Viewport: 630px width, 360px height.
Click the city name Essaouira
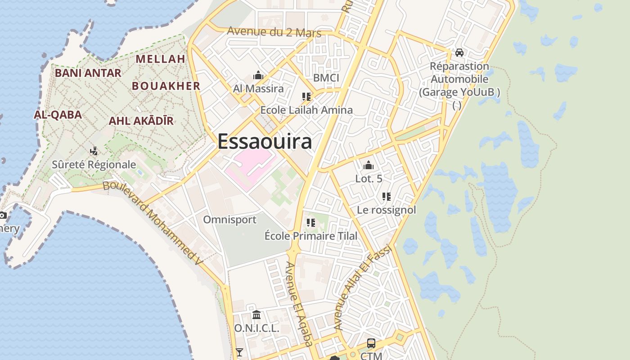pos(265,141)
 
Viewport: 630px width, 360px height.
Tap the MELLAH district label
pos(161,59)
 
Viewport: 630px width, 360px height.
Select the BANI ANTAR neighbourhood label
pos(88,73)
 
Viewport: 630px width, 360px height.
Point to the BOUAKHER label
pos(166,86)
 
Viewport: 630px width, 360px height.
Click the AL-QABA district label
pos(58,115)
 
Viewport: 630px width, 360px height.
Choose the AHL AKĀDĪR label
pos(141,121)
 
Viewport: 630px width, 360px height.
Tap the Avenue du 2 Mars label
pos(274,32)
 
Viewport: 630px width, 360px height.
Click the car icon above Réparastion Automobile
pos(459,53)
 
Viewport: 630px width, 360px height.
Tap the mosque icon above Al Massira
pos(258,75)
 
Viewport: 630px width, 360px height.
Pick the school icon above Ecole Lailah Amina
pos(306,97)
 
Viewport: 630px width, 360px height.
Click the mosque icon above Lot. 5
pos(369,165)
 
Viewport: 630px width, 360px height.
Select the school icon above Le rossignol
pos(386,197)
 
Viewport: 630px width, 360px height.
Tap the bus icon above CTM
pos(371,343)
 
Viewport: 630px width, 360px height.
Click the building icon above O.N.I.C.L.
pos(256,315)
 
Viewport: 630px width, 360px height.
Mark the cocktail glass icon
pos(239,352)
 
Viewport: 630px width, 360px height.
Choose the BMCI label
pos(326,78)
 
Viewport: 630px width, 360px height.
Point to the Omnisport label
pos(229,220)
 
